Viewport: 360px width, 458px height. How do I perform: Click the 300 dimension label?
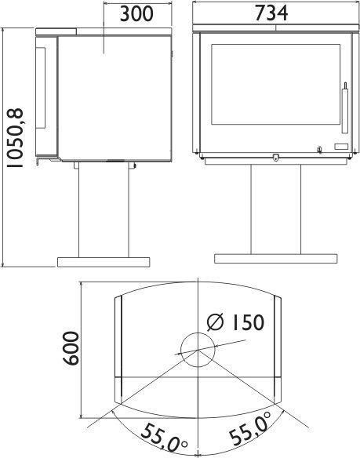tap(136, 14)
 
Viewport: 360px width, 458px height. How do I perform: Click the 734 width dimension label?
tap(271, 13)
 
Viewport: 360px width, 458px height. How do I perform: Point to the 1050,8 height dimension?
tap(15, 138)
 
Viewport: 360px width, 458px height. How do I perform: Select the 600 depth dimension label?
tap(71, 348)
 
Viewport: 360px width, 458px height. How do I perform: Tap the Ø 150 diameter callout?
tap(235, 322)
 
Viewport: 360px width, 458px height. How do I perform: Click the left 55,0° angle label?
tap(164, 438)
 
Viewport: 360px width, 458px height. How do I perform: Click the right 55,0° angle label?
tap(250, 427)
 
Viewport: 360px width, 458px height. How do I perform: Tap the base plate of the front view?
tap(276, 259)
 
